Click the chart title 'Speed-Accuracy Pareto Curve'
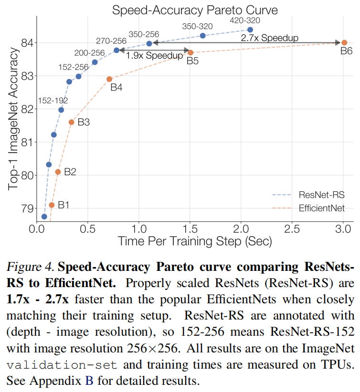[194, 10]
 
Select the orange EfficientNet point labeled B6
[344, 42]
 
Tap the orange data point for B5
[191, 52]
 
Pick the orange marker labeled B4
[109, 79]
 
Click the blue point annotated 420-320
[250, 30]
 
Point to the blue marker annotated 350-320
[202, 36]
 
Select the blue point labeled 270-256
[116, 50]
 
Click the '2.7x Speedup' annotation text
[269, 38]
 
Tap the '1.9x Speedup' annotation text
[155, 55]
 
